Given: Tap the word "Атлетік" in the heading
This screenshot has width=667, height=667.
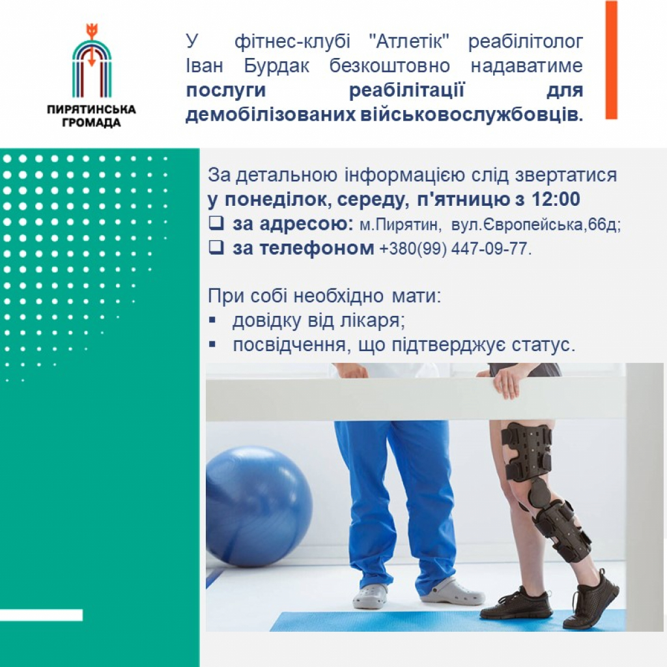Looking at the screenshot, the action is tap(409, 42).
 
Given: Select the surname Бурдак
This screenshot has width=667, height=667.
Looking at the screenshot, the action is tap(276, 66).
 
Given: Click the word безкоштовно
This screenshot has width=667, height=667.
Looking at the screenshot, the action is tap(390, 66).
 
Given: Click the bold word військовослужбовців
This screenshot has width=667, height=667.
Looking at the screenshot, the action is tap(472, 115).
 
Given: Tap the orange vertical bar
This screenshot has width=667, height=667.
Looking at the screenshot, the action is tap(611, 59).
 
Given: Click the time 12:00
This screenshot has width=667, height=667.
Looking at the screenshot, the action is tap(556, 199).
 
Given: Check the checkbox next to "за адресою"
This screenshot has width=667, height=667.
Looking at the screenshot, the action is tap(216, 223).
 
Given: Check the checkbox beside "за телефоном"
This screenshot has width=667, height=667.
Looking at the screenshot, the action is tap(216, 247).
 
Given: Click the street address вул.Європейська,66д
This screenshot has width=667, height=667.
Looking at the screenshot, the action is tap(536, 225).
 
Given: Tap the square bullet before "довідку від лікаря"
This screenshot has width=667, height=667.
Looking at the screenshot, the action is tap(212, 320).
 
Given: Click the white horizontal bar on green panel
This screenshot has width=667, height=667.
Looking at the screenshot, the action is tap(41, 615).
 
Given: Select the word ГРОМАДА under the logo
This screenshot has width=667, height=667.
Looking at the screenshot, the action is tap(91, 123).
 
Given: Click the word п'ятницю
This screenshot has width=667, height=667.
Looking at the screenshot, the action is tap(463, 199).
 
